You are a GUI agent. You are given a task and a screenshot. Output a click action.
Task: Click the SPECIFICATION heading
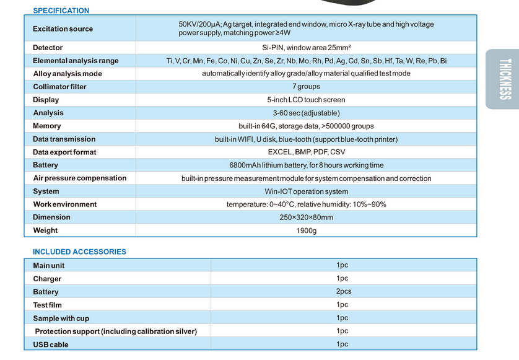pos(61,11)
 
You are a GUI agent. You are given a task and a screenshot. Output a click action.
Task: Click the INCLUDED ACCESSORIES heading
pos(79,252)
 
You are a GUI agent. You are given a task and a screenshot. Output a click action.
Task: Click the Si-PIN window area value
pos(307,48)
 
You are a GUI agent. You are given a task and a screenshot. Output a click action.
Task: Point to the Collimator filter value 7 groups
pos(306,87)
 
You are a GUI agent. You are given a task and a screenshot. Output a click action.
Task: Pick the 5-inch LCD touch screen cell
pos(306,100)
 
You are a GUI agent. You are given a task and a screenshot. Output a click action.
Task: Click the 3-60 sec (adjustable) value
pos(306,113)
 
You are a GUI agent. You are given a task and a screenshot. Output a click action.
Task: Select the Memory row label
pos(47,126)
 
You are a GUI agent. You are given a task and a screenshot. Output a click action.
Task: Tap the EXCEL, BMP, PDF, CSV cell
pos(307,152)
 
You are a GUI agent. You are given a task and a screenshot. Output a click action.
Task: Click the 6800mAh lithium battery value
pos(306,165)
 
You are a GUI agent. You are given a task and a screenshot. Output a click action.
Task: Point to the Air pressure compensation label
pos(79,178)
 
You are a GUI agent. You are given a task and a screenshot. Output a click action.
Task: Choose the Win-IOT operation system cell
pos(306,191)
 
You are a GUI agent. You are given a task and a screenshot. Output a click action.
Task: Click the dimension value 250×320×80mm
pos(306,217)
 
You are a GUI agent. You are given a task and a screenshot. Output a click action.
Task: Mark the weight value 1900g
pos(306,230)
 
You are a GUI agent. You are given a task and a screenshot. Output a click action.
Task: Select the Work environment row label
pos(65,204)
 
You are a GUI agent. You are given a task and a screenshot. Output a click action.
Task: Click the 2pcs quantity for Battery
pos(344,291)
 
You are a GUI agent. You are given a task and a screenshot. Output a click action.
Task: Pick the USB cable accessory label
pos(51,345)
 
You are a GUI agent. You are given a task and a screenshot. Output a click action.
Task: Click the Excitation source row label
pos(63,29)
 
